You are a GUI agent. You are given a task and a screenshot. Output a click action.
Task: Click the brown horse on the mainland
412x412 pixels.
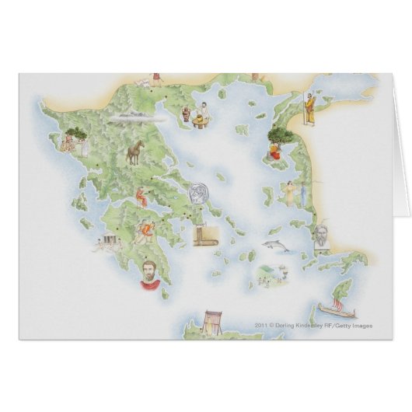tap(134, 153)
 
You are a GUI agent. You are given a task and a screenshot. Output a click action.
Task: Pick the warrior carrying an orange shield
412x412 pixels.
tap(144, 230)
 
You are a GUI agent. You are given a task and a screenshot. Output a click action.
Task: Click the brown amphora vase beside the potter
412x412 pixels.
tap(186, 116)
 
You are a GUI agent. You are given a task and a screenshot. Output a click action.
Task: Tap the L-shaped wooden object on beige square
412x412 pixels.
tap(204, 235)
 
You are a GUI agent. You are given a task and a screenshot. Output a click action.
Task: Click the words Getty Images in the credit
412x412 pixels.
tap(379, 326)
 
